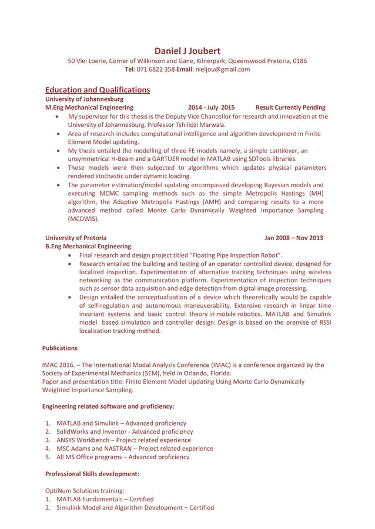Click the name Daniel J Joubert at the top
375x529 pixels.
click(x=187, y=51)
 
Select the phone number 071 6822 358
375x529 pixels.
click(x=155, y=69)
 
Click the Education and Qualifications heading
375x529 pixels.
click(x=98, y=90)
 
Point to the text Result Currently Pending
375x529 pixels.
click(x=290, y=107)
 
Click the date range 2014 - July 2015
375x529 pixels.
click(x=211, y=107)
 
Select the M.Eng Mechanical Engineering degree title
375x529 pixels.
click(x=89, y=107)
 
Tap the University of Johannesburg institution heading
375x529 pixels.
click(x=84, y=99)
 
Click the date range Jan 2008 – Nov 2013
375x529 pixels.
click(x=293, y=238)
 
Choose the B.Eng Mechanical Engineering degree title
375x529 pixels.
click(x=88, y=247)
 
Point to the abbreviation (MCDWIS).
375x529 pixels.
click(x=83, y=219)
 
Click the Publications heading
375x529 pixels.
click(x=60, y=348)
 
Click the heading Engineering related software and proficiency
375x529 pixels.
click(x=108, y=406)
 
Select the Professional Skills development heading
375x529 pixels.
click(x=92, y=473)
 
